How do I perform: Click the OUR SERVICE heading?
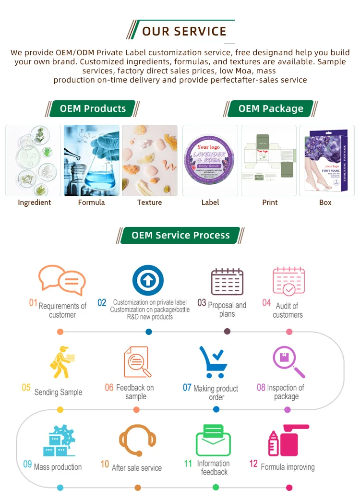pyautogui.click(x=184, y=32)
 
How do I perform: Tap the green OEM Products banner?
pyautogui.click(x=93, y=108)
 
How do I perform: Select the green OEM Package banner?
pyautogui.click(x=271, y=108)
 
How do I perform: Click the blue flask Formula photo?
pyautogui.click(x=92, y=160)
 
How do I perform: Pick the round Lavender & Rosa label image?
pyautogui.click(x=210, y=161)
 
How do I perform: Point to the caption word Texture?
pyautogui.click(x=149, y=203)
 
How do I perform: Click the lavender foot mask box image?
pyautogui.click(x=326, y=160)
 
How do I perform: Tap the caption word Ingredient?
pyautogui.click(x=34, y=203)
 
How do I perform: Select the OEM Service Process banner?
pyautogui.click(x=180, y=235)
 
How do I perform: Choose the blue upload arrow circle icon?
pyautogui.click(x=148, y=280)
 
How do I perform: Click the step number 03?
pyautogui.click(x=202, y=303)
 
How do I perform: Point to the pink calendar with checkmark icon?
pyautogui.click(x=288, y=281)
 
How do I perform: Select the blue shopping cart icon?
pyautogui.click(x=213, y=362)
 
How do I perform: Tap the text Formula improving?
pyautogui.click(x=288, y=467)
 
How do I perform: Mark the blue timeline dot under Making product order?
pyautogui.click(x=216, y=409)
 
